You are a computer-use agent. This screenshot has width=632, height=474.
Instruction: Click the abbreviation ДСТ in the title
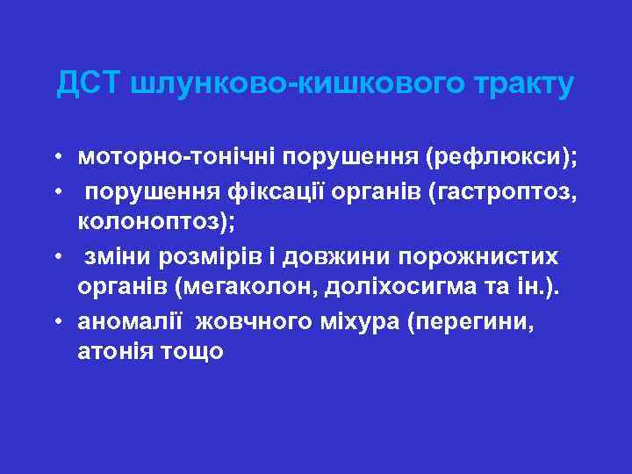(x=89, y=84)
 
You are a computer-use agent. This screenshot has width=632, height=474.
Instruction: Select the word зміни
(x=117, y=256)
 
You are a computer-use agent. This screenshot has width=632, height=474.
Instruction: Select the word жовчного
(x=254, y=322)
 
